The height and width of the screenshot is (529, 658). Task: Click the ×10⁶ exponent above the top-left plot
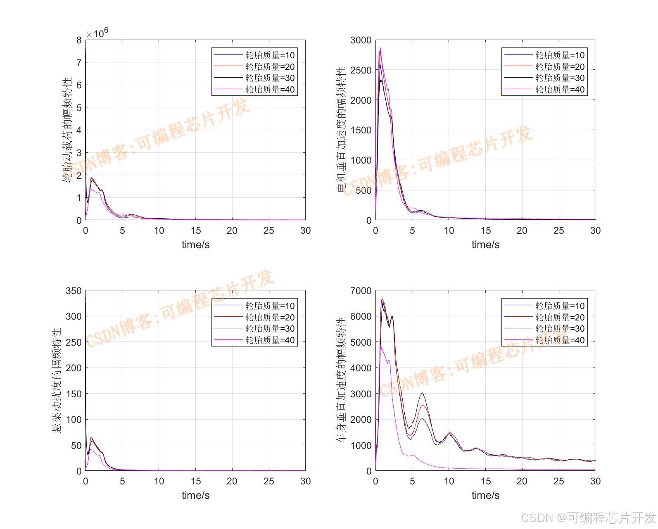click(x=97, y=33)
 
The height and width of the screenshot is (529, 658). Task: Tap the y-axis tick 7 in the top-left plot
click(x=79, y=62)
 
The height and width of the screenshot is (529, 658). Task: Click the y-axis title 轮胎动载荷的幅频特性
click(x=67, y=130)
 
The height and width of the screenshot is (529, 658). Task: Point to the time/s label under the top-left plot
click(x=195, y=244)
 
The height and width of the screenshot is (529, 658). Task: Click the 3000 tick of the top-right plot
click(x=361, y=40)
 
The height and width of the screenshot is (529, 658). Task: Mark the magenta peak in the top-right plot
click(x=380, y=48)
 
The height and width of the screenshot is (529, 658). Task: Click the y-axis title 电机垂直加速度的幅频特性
click(x=342, y=130)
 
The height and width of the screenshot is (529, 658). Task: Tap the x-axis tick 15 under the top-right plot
click(x=485, y=230)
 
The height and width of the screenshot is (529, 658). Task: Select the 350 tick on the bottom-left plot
click(x=74, y=291)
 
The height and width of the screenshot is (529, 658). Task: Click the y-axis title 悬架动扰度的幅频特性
click(x=56, y=380)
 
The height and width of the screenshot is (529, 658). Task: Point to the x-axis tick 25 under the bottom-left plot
click(x=268, y=481)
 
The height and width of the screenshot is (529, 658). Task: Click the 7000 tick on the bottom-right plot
click(x=361, y=291)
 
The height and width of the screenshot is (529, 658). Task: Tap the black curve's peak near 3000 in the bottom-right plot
click(x=422, y=393)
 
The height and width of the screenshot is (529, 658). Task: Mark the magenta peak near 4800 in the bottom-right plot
click(x=381, y=347)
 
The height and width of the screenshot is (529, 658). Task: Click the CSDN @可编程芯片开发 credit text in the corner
click(x=588, y=517)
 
